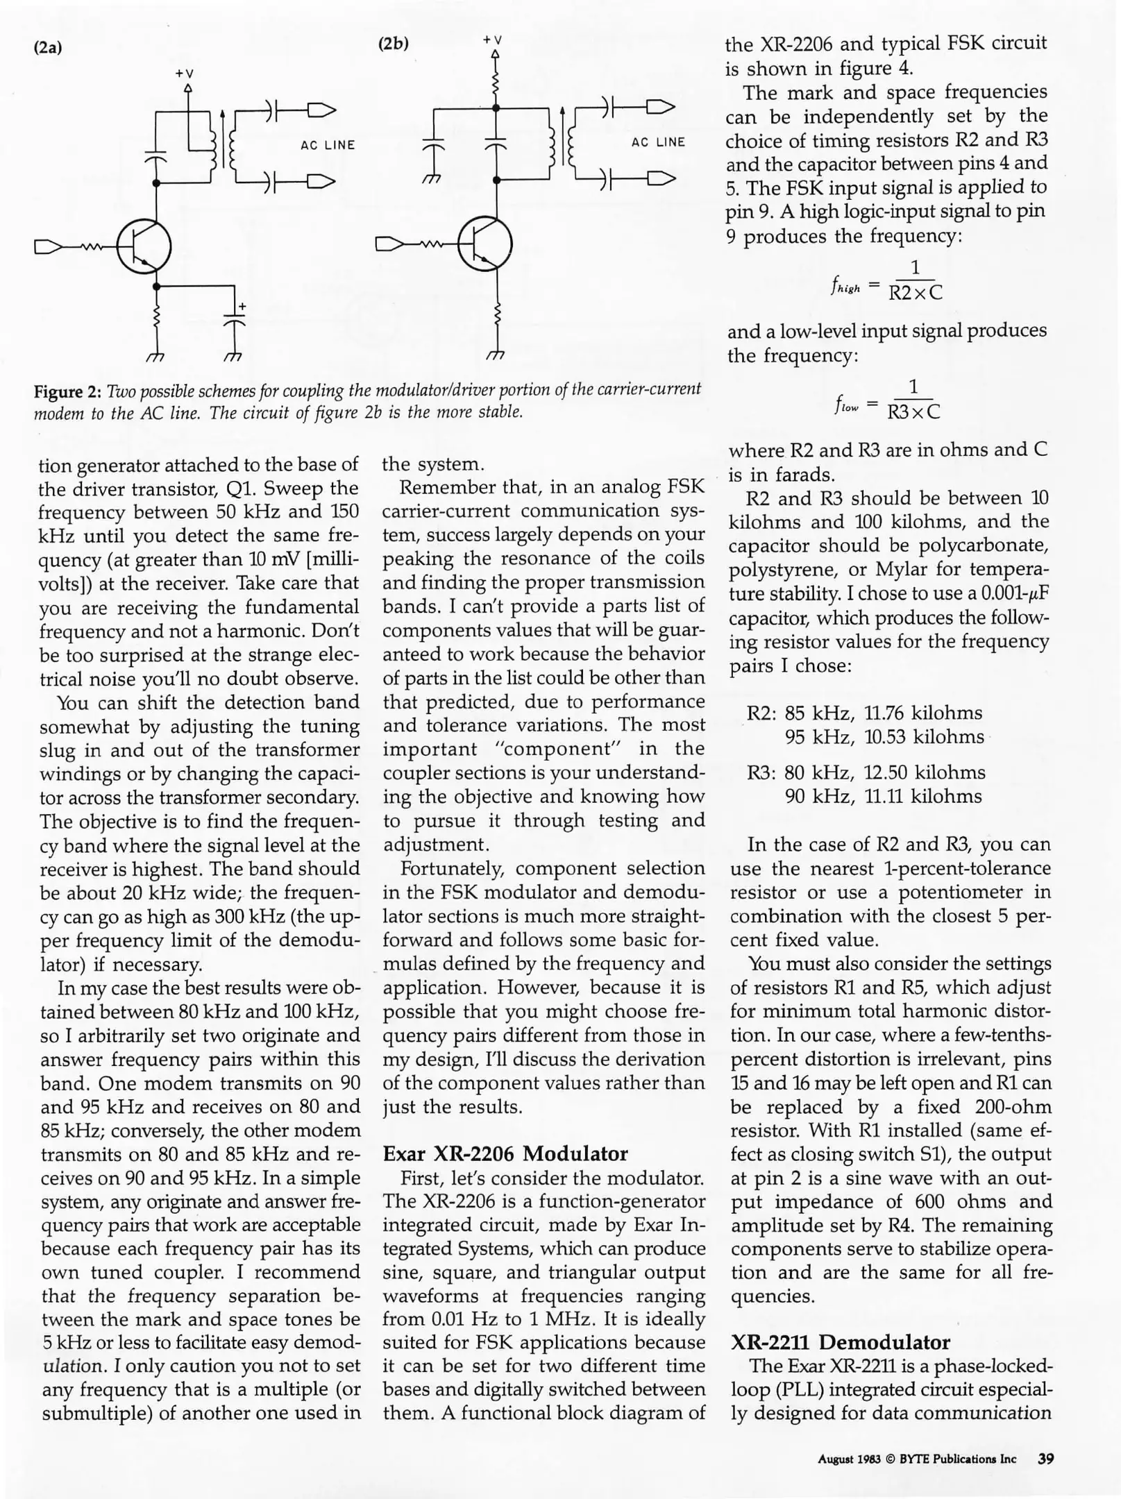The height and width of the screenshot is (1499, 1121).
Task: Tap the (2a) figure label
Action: [x=48, y=48]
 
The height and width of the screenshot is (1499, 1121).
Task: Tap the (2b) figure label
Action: [x=393, y=43]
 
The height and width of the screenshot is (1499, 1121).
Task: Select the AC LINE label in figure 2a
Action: [x=328, y=145]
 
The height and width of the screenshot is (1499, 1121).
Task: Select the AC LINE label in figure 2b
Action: [x=658, y=142]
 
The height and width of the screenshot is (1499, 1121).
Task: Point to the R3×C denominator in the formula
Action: [x=913, y=412]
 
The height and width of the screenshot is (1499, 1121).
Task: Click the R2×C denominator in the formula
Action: [x=915, y=293]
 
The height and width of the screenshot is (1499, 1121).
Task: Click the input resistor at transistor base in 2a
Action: [x=92, y=246]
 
